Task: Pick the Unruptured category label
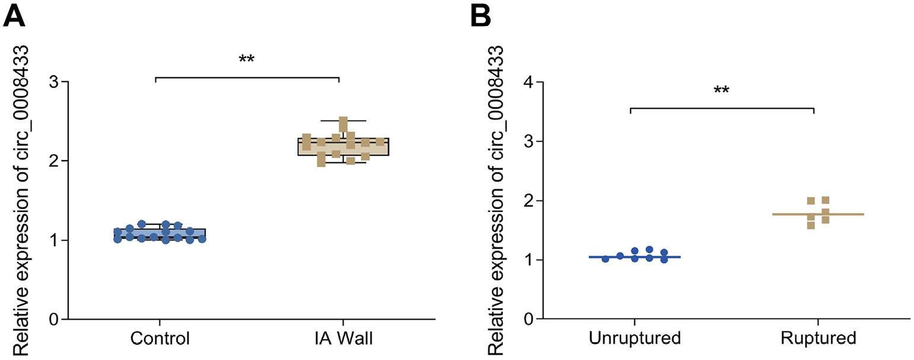point(634,340)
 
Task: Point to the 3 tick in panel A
point(58,82)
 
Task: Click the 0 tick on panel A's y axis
point(58,320)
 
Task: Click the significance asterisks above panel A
point(246,60)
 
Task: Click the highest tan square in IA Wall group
point(343,122)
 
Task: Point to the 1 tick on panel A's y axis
point(58,240)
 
